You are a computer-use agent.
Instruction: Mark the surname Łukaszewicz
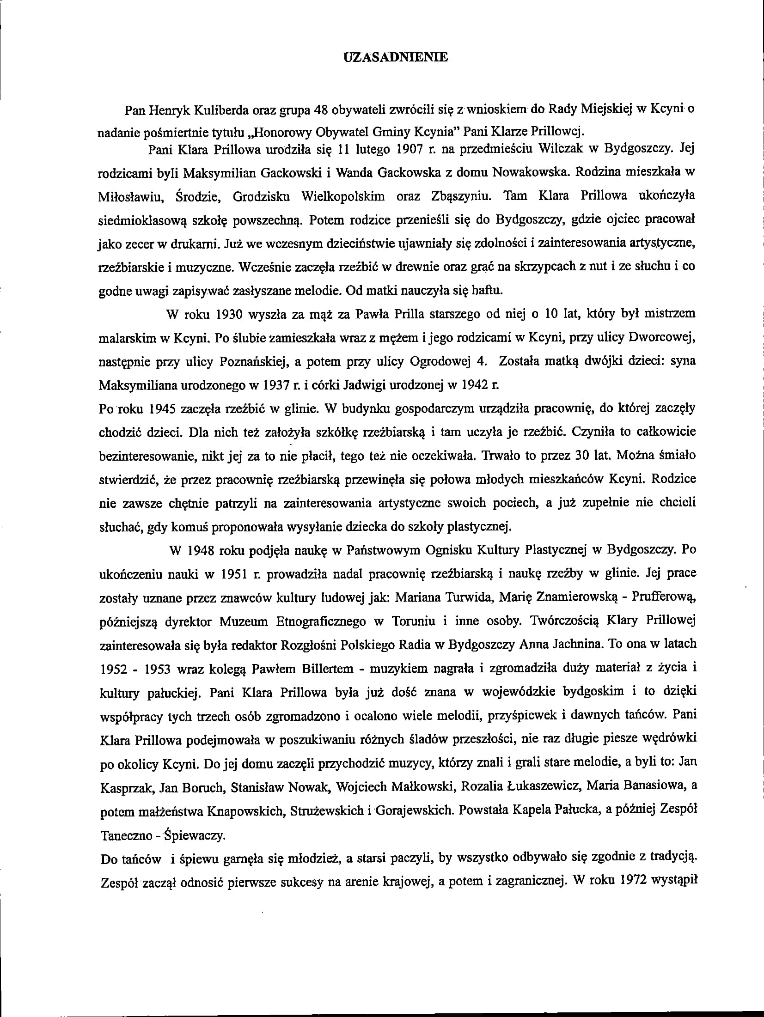coord(522,786)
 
